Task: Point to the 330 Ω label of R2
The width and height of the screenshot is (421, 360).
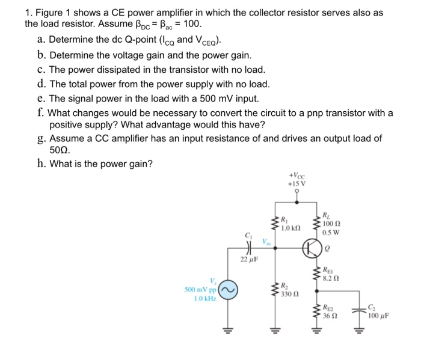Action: click(x=290, y=294)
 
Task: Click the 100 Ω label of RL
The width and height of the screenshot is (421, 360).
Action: click(x=331, y=223)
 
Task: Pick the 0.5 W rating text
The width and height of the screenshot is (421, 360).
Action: click(x=331, y=233)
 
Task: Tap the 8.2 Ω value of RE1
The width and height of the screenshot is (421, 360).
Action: click(x=332, y=278)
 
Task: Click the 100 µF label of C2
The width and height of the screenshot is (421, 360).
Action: click(x=378, y=314)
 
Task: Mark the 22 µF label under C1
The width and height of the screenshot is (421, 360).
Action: click(x=248, y=260)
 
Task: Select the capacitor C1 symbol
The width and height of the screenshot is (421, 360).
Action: click(x=248, y=246)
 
